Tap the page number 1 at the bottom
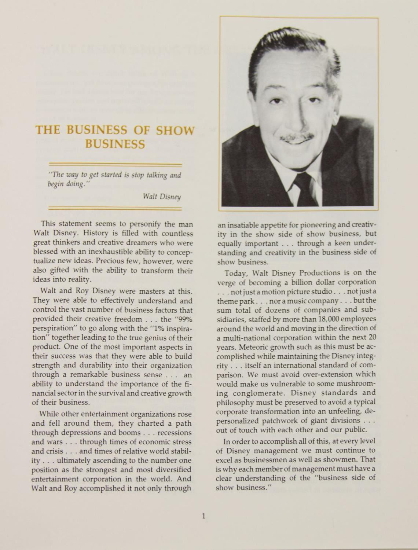coord(203,517)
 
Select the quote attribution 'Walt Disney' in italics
coord(162,197)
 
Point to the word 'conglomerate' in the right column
coord(253,393)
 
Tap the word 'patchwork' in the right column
coord(297,420)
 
